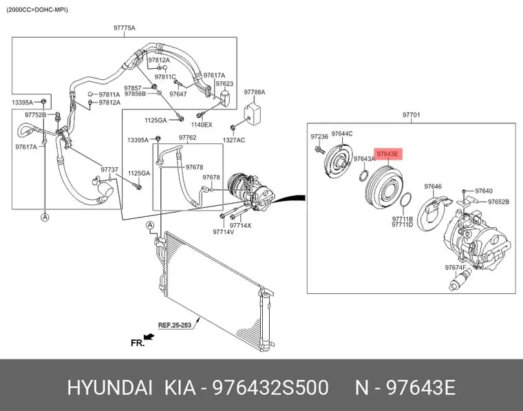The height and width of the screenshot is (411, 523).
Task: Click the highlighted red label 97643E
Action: [388, 154]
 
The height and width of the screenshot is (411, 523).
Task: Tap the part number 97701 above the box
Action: [411, 115]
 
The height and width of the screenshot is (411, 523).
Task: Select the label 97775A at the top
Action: [124, 28]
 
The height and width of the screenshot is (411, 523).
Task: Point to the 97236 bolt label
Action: [319, 136]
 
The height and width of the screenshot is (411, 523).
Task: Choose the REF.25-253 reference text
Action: [174, 325]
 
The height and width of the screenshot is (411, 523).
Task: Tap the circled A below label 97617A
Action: [45, 218]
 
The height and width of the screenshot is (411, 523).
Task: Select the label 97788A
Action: [254, 92]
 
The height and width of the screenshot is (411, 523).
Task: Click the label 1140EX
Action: [202, 125]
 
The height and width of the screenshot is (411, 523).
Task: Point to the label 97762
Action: [187, 138]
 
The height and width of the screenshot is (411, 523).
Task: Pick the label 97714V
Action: [223, 231]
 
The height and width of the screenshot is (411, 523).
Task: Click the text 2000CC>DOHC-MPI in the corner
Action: [37, 10]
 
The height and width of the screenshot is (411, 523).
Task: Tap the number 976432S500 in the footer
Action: [270, 388]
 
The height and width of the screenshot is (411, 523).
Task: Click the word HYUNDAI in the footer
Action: [110, 388]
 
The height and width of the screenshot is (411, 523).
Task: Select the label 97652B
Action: [498, 202]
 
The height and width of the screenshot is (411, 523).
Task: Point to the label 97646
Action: [433, 187]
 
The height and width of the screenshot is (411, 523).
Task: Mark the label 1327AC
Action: [233, 140]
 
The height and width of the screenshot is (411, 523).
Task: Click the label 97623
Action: [224, 83]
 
